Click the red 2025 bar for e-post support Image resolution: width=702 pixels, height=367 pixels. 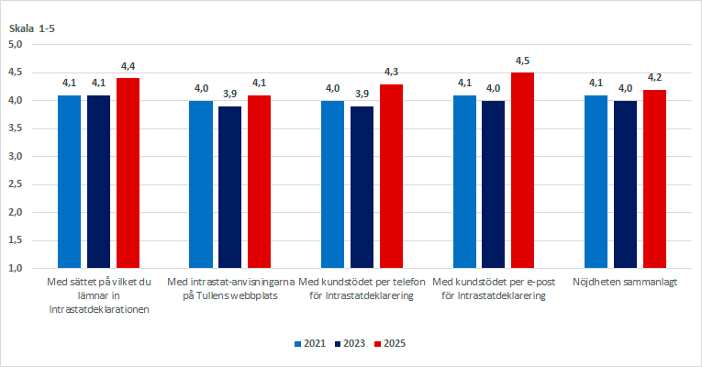522,170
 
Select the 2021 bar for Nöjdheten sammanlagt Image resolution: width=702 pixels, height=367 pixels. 596,182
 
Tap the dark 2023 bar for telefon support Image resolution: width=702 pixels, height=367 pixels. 362,187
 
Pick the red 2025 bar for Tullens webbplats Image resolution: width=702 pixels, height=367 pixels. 259,182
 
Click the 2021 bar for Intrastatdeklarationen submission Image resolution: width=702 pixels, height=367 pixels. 70,182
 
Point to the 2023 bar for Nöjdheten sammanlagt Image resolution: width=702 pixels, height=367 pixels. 625,184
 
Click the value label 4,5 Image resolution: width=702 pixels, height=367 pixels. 522,61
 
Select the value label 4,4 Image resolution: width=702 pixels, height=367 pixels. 128,67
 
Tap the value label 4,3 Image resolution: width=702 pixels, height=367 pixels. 391,72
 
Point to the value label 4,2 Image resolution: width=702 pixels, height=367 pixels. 654,78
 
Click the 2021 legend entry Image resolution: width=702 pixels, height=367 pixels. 310,343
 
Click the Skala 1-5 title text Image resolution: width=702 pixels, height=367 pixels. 33,29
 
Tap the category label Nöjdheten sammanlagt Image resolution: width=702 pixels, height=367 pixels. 624,283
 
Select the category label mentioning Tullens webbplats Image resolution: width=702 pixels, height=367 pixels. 230,289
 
